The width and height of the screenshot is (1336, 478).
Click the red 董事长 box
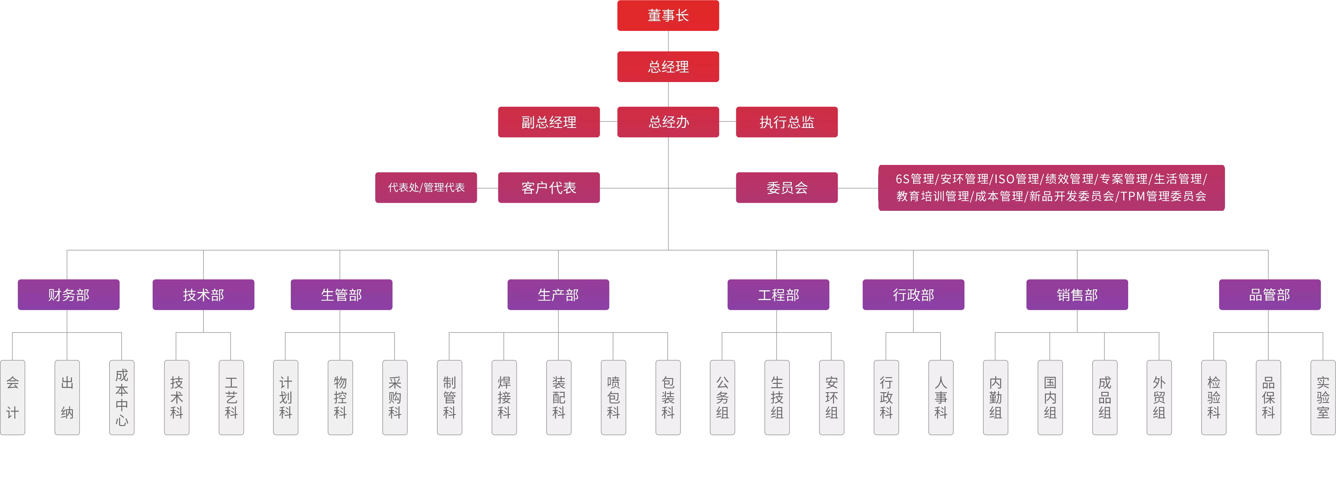coord(668,16)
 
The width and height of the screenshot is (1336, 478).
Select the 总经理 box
coord(668,66)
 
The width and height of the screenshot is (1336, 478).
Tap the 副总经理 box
coord(549,122)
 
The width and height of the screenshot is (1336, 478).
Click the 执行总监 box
coord(787,122)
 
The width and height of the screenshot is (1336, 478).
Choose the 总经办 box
coord(668,122)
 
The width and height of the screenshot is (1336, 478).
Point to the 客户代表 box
coord(549,188)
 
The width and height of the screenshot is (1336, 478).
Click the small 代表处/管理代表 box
coord(426,188)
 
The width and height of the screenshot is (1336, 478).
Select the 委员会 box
coord(787,188)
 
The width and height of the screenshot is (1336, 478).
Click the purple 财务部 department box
coord(69,295)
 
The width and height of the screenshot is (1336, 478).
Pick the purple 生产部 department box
coord(558,295)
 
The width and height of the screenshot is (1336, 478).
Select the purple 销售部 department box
coord(1077,295)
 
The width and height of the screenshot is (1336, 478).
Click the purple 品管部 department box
coord(1270,295)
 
